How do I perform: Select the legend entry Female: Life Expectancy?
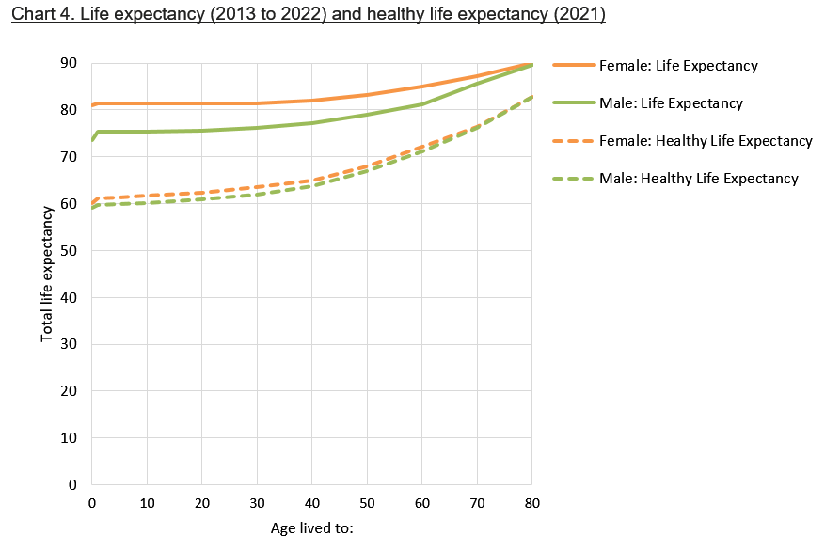[677, 66]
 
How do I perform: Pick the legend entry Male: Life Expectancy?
[670, 103]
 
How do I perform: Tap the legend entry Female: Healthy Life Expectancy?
[705, 141]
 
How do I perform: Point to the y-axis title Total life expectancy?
[47, 273]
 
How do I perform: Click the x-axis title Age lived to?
[310, 527]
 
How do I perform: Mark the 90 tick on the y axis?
[69, 63]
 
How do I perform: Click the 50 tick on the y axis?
[69, 250]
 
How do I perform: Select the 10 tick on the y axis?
[69, 438]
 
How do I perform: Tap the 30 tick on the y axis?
[69, 344]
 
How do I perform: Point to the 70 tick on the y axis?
[69, 157]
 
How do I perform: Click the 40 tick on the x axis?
[312, 503]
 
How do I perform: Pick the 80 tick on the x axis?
[532, 503]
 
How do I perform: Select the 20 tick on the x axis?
[202, 503]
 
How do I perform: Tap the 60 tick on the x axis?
[422, 503]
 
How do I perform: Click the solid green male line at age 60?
[422, 104]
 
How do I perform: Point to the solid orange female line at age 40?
[312, 101]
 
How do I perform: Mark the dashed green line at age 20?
[202, 198]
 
